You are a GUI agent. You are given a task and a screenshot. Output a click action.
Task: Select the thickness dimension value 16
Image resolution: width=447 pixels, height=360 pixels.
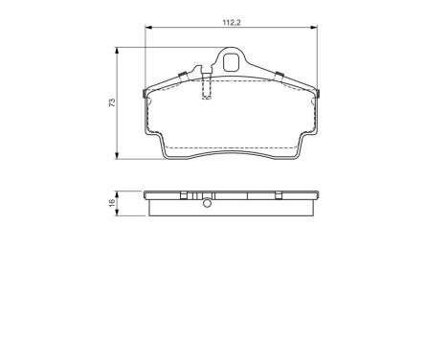click(x=112, y=203)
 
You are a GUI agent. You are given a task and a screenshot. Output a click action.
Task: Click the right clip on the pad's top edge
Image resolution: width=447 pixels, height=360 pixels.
click(x=277, y=78)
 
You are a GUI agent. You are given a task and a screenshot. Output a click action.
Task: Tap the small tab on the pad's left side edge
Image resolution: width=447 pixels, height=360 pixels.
click(x=144, y=94)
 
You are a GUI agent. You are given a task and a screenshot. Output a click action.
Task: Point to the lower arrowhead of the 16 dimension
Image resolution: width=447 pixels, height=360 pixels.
click(x=120, y=215)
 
